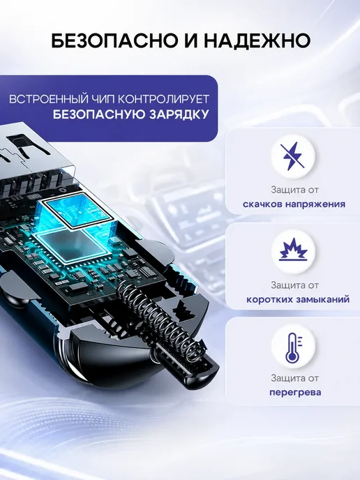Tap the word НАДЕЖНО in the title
(x=258, y=40)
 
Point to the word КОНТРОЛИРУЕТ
(x=163, y=99)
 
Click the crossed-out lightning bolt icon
(x=293, y=156)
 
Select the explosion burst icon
(x=293, y=251)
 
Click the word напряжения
(x=315, y=204)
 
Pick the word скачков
(x=262, y=204)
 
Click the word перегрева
(x=295, y=393)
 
